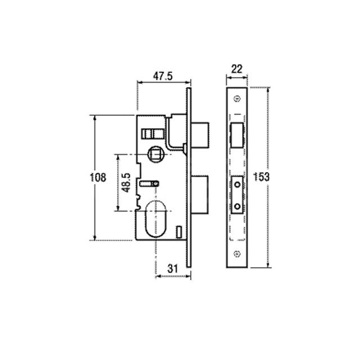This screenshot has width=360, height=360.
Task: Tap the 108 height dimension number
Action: [98, 178]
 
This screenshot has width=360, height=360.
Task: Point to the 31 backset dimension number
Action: [173, 269]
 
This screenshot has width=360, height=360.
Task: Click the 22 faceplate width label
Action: [236, 69]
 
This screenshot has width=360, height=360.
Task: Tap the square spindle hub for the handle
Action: [154, 153]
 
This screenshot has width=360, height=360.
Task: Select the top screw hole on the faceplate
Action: [237, 100]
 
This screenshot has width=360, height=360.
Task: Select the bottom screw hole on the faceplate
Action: [237, 253]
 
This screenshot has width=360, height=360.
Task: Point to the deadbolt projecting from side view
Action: [201, 194]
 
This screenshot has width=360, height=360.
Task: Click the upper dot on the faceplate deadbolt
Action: [237, 184]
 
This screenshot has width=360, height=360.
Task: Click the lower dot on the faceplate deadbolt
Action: [237, 207]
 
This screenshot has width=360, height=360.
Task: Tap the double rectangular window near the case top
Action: [152, 133]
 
